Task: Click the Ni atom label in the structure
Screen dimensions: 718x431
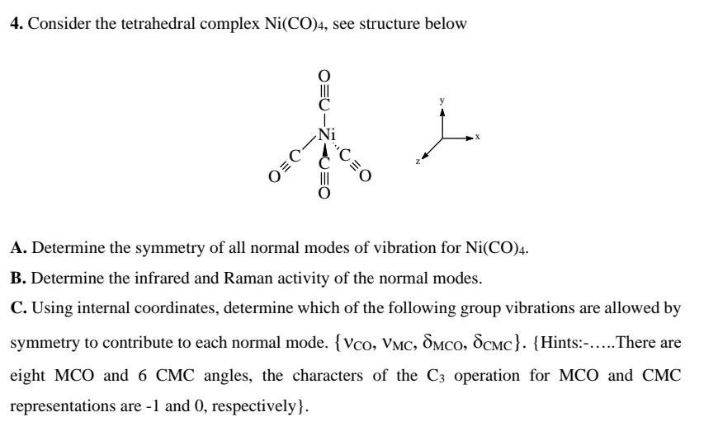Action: (327, 134)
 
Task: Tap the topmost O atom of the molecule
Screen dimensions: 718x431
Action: (324, 75)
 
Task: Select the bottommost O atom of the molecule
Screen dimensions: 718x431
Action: (324, 194)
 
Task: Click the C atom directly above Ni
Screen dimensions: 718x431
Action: (324, 105)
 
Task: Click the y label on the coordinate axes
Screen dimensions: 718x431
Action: (442, 101)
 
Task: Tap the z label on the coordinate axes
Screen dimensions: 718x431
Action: (418, 162)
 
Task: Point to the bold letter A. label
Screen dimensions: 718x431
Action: (17, 247)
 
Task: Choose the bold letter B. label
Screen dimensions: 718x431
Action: (17, 279)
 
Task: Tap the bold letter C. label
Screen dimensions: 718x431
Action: (17, 309)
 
